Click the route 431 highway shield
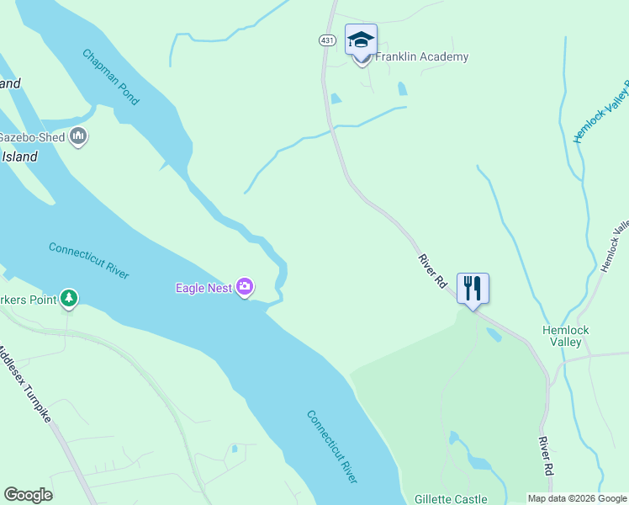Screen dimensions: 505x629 (328, 40)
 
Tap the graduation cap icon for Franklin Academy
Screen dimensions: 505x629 (361, 40)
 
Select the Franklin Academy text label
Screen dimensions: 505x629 (421, 57)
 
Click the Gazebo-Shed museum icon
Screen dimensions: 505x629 (78, 136)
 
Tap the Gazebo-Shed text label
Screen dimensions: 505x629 (32, 137)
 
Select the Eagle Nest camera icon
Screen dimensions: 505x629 (245, 288)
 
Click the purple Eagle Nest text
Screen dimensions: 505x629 (203, 289)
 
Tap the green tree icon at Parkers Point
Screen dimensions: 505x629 (69, 299)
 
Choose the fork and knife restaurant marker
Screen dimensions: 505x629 (473, 289)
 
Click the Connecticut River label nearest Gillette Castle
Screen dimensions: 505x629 (331, 446)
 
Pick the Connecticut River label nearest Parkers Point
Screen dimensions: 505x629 (88, 260)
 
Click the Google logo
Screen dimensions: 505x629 (28, 495)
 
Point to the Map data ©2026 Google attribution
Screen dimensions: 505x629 (576, 498)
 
